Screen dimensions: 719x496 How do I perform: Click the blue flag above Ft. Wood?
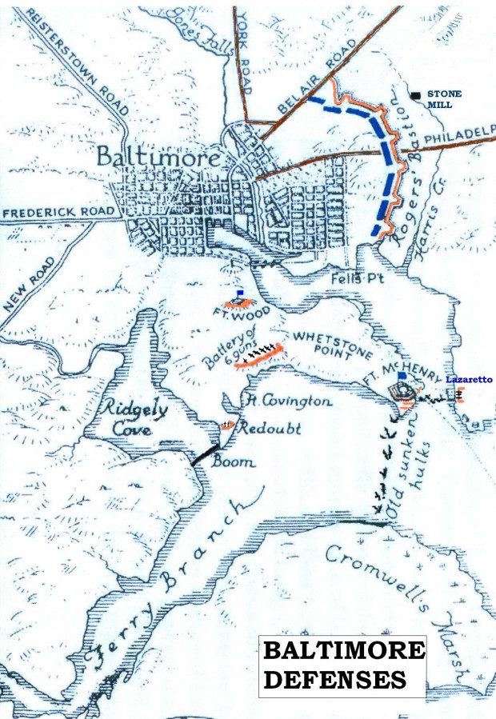click(239, 294)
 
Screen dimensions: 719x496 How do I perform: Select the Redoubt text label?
click(269, 428)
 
